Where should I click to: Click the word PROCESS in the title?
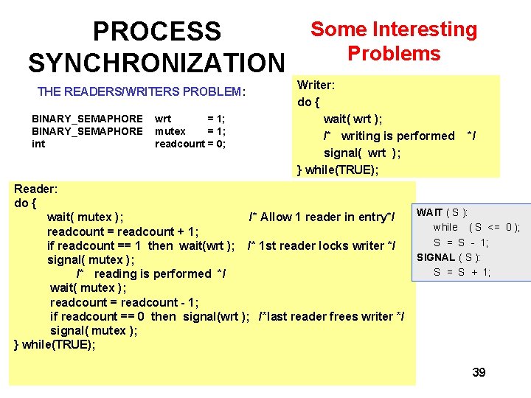click(x=156, y=32)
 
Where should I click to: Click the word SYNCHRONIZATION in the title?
click(x=156, y=63)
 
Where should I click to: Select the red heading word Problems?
click(x=394, y=54)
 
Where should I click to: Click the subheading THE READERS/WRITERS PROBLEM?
click(x=141, y=91)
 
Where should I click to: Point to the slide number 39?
click(x=479, y=372)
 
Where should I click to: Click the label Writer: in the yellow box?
click(x=316, y=85)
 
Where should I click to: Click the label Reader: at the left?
click(x=36, y=189)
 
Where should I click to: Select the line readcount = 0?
click(x=190, y=144)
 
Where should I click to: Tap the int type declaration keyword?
click(x=38, y=144)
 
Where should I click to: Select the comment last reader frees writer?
click(x=331, y=316)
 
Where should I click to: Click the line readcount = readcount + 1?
click(x=122, y=231)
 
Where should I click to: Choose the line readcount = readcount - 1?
click(x=125, y=302)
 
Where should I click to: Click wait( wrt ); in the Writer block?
click(x=353, y=119)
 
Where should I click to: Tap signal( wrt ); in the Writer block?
click(x=362, y=153)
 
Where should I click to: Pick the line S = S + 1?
click(x=462, y=272)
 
